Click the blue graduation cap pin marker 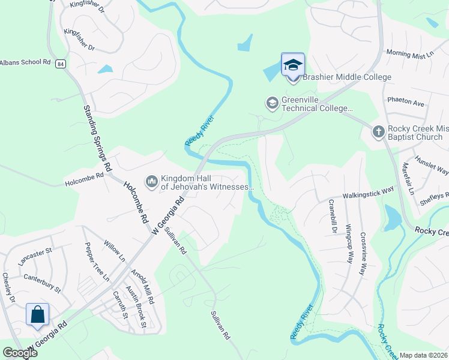click(293, 65)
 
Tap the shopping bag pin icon click(37, 314)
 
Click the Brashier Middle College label click(346, 77)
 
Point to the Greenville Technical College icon click(272, 103)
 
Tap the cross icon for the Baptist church click(378, 131)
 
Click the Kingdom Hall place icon click(151, 180)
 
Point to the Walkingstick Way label click(368, 196)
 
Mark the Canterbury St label click(43, 282)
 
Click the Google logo click(20, 353)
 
